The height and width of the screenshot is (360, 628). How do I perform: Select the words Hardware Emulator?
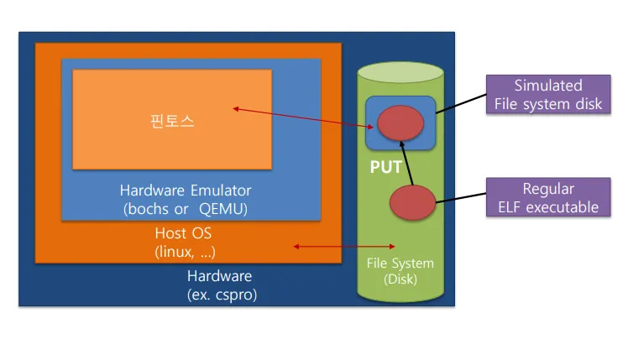(186, 190)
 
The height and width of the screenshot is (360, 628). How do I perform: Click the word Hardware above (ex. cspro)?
(218, 276)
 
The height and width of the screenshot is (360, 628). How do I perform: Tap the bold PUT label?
(386, 168)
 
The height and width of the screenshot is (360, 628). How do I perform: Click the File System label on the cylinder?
(400, 263)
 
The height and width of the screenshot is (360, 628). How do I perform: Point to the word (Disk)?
(400, 279)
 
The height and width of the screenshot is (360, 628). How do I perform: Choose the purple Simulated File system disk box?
(548, 95)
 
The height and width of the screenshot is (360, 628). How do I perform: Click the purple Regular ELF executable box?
(548, 198)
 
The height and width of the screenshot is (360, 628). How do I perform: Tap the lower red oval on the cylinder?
(412, 202)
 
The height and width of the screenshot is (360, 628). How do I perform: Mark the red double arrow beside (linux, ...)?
(322, 246)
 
